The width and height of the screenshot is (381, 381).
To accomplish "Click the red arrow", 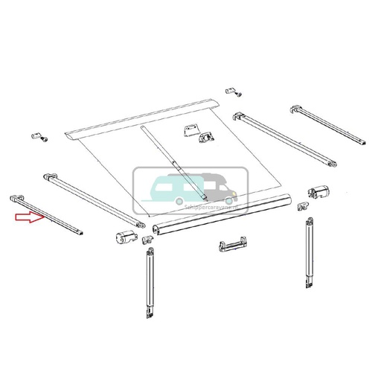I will pyautogui.click(x=28, y=217).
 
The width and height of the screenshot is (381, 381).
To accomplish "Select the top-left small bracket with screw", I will pyautogui.click(x=37, y=137).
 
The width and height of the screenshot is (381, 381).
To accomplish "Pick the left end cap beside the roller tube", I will pyautogui.click(x=125, y=237).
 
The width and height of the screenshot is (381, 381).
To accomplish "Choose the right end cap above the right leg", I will pyautogui.click(x=318, y=191).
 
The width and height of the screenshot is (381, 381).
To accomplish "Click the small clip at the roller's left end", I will pyautogui.click(x=147, y=240).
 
